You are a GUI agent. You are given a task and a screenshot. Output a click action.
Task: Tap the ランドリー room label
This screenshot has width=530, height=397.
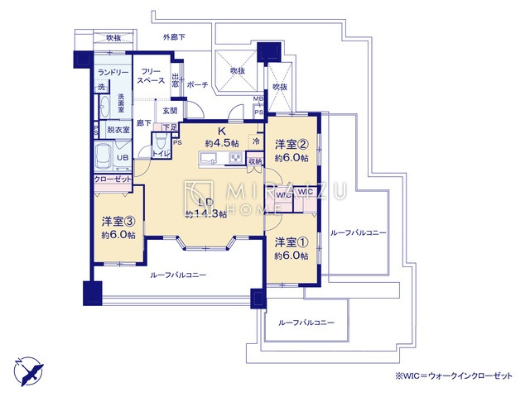(113, 72)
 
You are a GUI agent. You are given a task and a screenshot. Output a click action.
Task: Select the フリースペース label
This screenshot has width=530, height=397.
(150, 76)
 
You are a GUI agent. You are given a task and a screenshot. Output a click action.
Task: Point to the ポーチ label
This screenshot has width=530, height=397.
(197, 84)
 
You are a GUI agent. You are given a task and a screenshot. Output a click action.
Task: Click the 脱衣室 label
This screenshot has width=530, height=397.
(118, 130)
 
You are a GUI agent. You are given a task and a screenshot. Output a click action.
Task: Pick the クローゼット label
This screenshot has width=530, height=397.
(110, 179)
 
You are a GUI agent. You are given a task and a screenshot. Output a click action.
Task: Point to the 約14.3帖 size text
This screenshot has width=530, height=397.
(205, 213)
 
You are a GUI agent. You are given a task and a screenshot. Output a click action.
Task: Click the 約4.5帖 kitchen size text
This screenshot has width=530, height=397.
(223, 142)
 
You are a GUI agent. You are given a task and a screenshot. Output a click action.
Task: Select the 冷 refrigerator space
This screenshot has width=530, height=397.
(256, 141)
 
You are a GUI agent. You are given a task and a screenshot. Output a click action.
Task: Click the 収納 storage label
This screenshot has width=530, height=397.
(255, 161)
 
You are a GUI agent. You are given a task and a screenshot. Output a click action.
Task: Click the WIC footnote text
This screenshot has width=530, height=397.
(453, 375)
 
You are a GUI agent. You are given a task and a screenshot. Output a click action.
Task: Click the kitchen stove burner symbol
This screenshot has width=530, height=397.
(234, 160)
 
